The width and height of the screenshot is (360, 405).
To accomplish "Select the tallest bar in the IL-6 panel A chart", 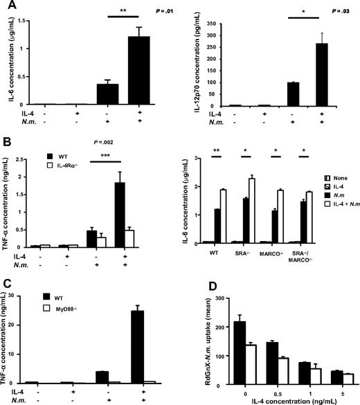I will pyautogui.click(x=138, y=70).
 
